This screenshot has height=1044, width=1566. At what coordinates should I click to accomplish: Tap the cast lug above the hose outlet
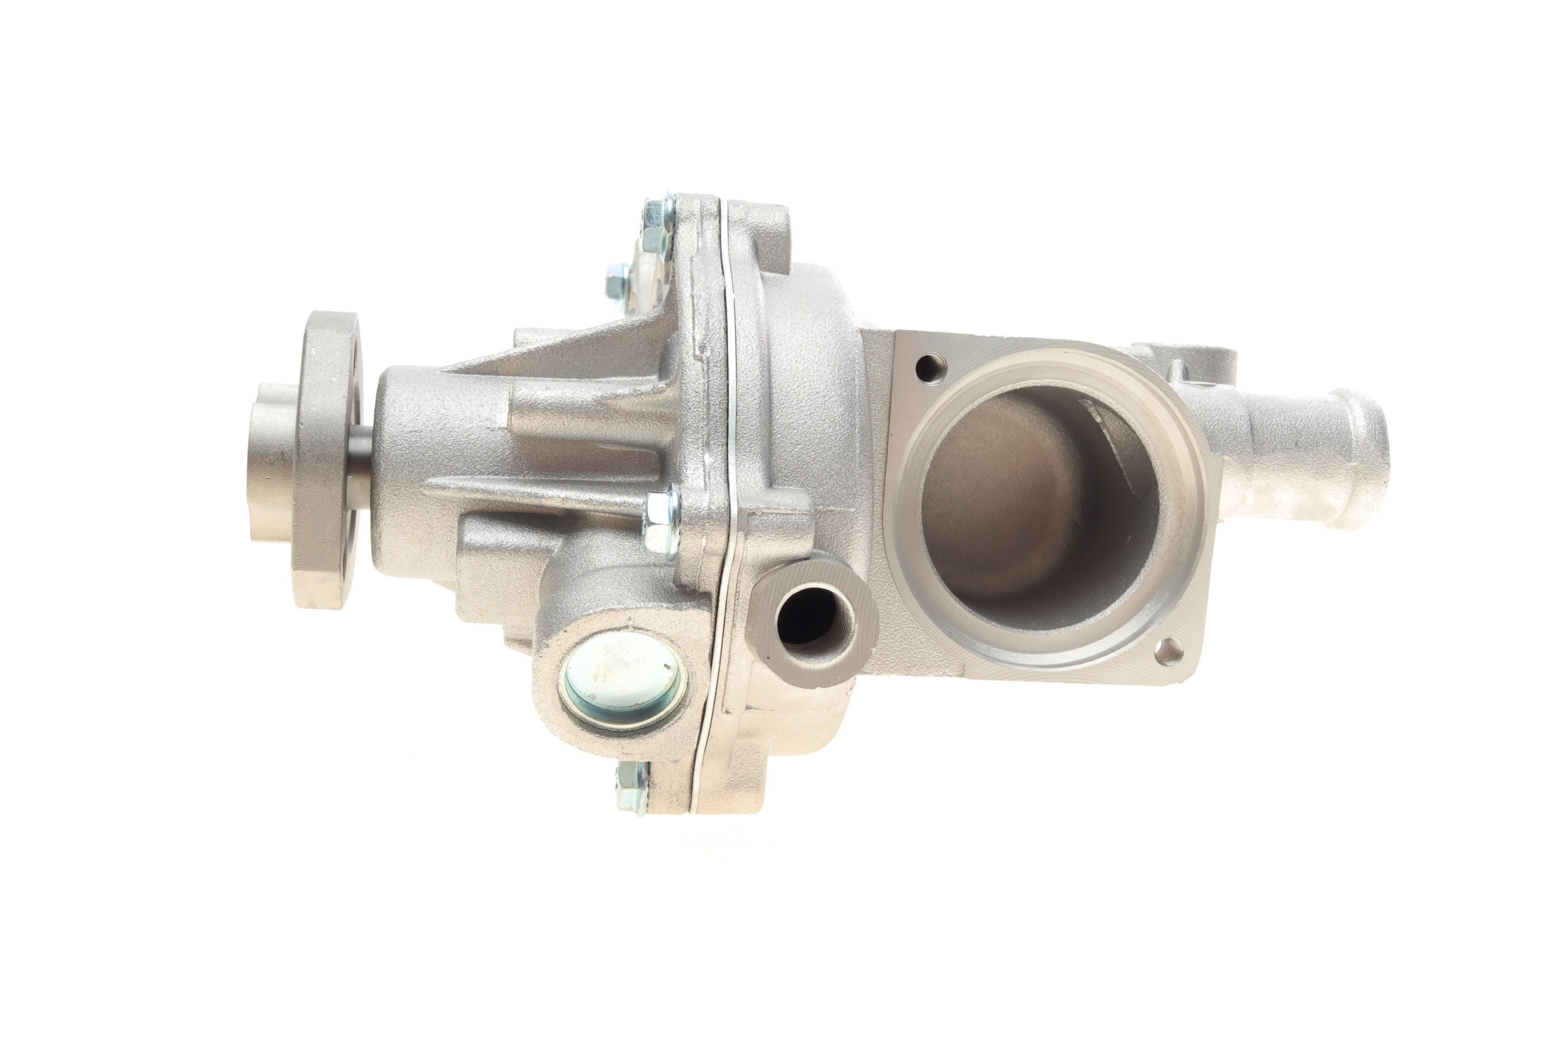tap(1172, 363)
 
